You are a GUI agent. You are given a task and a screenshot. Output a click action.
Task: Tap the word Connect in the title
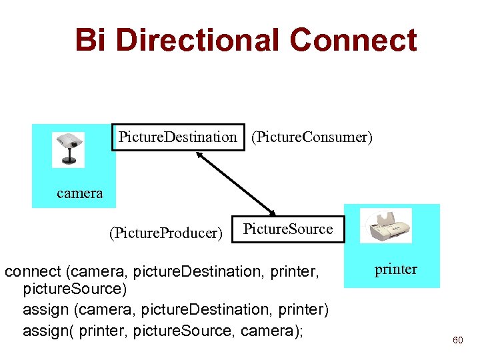[353, 40]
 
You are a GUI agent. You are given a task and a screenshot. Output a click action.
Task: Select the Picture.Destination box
[178, 137]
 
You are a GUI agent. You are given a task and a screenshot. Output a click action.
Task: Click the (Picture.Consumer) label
[311, 137]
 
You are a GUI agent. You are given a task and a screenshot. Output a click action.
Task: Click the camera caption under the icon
[80, 193]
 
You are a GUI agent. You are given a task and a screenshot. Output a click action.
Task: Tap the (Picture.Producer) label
[165, 233]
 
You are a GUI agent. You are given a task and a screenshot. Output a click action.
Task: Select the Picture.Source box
[287, 229]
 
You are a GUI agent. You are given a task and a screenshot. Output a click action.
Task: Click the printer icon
[386, 226]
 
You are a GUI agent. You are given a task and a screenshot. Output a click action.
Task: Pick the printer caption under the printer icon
[396, 269]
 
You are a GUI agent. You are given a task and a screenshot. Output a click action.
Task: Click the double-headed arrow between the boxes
[236, 183]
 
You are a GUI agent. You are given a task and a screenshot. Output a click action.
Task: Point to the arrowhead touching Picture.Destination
[199, 155]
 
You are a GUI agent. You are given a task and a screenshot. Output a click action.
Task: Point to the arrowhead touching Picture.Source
[273, 211]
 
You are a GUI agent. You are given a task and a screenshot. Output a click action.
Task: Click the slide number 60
[457, 340]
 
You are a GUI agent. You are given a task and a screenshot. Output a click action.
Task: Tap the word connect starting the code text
[32, 273]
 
